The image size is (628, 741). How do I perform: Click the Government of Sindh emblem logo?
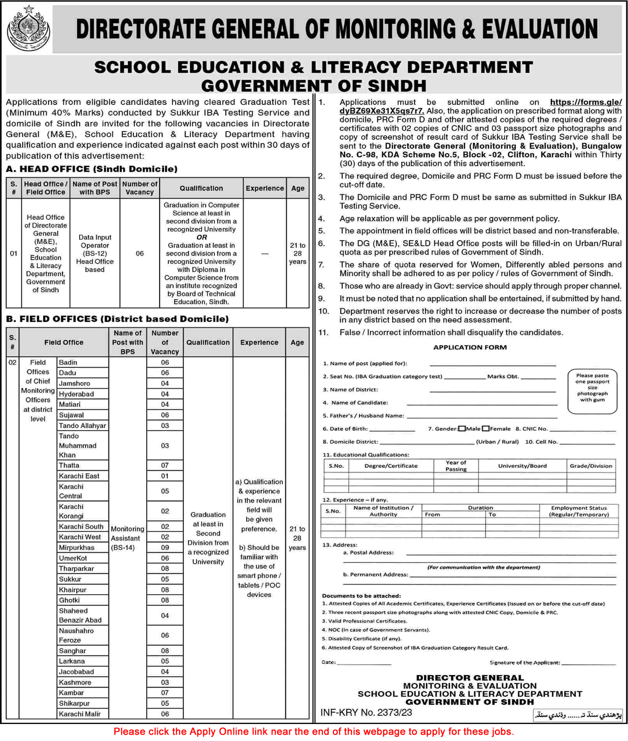pos(28,29)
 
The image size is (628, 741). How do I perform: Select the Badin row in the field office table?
pos(68,362)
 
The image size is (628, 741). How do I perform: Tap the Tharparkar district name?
pos(76,569)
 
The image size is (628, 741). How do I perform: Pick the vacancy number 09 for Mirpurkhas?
pos(165,547)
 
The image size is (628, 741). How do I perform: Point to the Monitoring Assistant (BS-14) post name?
pos(127,538)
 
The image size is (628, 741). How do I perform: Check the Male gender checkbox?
pos(462,428)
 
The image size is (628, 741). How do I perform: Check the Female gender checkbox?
pos(486,428)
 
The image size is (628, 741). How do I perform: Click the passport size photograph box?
pos(592,392)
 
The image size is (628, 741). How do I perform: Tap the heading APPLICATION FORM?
pos(470,347)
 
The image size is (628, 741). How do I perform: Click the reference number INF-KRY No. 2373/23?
pos(366,712)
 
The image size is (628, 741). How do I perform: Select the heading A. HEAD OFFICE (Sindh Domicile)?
pos(92,169)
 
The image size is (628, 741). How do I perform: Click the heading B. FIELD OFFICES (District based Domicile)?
pos(117,319)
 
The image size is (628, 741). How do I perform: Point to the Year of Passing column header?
pos(456,466)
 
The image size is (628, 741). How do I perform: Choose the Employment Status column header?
pos(578,511)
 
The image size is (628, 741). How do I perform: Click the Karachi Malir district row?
pos(80,714)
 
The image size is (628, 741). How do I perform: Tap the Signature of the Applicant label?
pos(525,662)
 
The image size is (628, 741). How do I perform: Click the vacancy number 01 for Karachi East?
pos(165,476)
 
